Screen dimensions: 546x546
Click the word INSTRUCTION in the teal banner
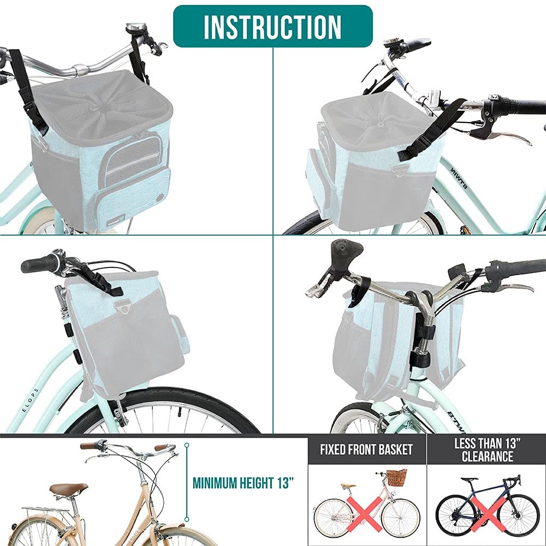(x=272, y=27)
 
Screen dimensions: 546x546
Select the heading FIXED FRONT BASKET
(x=366, y=449)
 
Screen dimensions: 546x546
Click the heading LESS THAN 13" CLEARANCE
(x=487, y=450)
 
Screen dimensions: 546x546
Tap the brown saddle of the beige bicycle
(x=68, y=489)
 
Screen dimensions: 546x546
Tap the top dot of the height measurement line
(x=187, y=446)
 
